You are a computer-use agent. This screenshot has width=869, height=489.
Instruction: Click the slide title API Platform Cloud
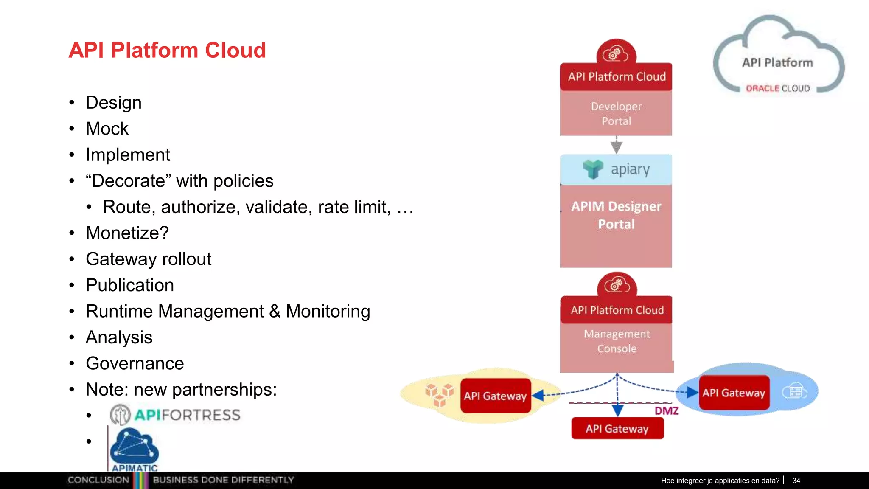tap(167, 50)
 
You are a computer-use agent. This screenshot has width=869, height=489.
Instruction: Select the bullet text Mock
tap(107, 129)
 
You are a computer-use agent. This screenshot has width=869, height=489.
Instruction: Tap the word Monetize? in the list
tap(127, 233)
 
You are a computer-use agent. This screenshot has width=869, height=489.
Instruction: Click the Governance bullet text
tap(135, 363)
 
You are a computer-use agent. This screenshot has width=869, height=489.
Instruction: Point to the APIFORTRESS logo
tap(175, 415)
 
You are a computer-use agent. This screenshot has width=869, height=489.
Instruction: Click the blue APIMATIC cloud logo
tap(134, 450)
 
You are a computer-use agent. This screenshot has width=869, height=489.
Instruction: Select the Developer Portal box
tap(616, 113)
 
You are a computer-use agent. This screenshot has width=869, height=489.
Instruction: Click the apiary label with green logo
tap(617, 169)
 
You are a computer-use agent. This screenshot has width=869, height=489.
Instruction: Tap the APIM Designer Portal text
tap(616, 215)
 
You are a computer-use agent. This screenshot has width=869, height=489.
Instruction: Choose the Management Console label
tap(617, 341)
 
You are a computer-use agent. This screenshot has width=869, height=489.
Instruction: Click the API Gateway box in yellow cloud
tap(495, 396)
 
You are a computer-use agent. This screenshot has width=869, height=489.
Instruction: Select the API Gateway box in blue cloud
tap(734, 393)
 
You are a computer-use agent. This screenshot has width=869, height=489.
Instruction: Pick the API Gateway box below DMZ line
tap(617, 428)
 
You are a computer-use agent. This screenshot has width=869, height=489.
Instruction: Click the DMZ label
tap(666, 411)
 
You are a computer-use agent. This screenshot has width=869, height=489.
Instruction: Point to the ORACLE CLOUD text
tap(778, 88)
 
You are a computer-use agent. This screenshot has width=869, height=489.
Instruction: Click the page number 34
tap(796, 481)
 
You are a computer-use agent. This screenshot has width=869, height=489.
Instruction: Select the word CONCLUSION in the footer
tap(98, 480)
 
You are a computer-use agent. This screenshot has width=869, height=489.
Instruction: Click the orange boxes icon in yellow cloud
tap(439, 394)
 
